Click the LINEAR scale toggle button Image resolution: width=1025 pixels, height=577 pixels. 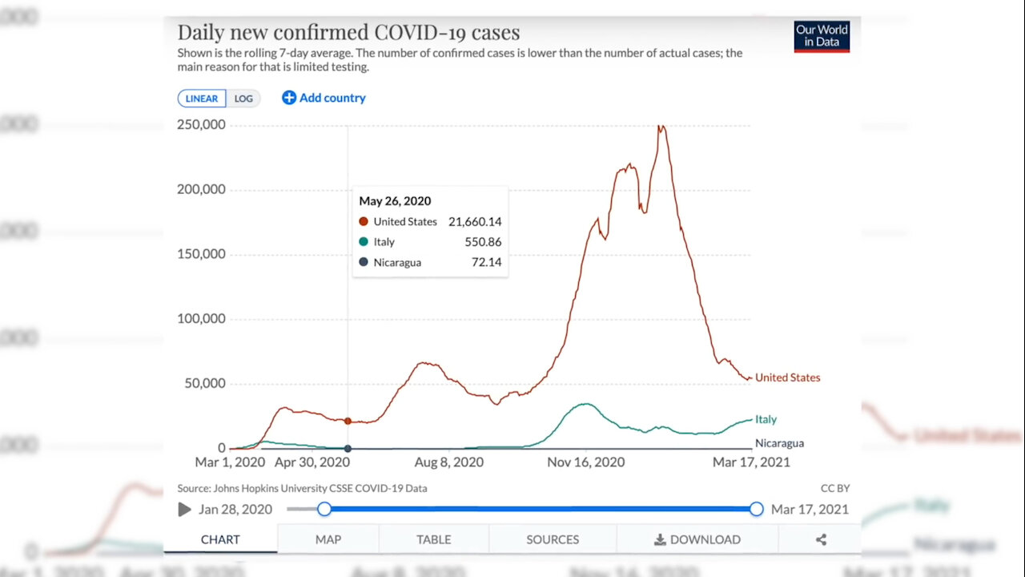[x=202, y=99]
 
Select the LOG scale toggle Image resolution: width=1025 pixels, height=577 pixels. [x=243, y=99]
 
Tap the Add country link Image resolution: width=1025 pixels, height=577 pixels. [x=324, y=98]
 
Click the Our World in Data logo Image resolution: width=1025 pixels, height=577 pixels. [x=822, y=36]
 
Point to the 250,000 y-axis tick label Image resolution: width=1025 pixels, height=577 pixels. [x=199, y=125]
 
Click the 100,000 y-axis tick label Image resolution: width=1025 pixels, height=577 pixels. [x=199, y=319]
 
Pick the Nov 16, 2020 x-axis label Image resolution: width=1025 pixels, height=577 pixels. [x=586, y=462]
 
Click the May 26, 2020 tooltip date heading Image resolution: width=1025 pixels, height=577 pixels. [x=395, y=201]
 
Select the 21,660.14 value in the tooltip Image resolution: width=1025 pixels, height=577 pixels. [x=475, y=222]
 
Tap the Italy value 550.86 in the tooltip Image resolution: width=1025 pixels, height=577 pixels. [x=483, y=242]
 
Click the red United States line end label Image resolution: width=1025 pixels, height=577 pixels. [x=788, y=377]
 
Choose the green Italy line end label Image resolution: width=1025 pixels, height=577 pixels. [x=766, y=419]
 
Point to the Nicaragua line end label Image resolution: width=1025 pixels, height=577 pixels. [x=779, y=443]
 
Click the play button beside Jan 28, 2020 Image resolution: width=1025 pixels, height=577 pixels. [x=185, y=510]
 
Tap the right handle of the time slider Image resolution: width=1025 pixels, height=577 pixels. [x=756, y=509]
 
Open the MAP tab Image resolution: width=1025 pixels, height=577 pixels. [x=328, y=539]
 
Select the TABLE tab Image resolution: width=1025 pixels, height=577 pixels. [x=433, y=539]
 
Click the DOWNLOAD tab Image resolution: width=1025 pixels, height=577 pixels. [x=697, y=539]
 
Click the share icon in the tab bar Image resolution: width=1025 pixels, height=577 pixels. [x=821, y=539]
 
